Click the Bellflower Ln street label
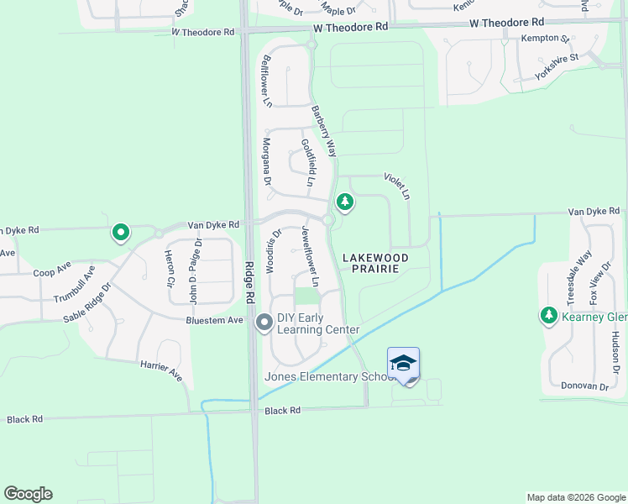267,81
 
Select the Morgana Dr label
267,162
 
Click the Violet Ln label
396,186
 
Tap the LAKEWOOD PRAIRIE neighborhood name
375,264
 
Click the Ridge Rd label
249,282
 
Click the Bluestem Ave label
215,320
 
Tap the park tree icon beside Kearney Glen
549,316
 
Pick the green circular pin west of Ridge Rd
121,233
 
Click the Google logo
28,494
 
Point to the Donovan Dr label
586,386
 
